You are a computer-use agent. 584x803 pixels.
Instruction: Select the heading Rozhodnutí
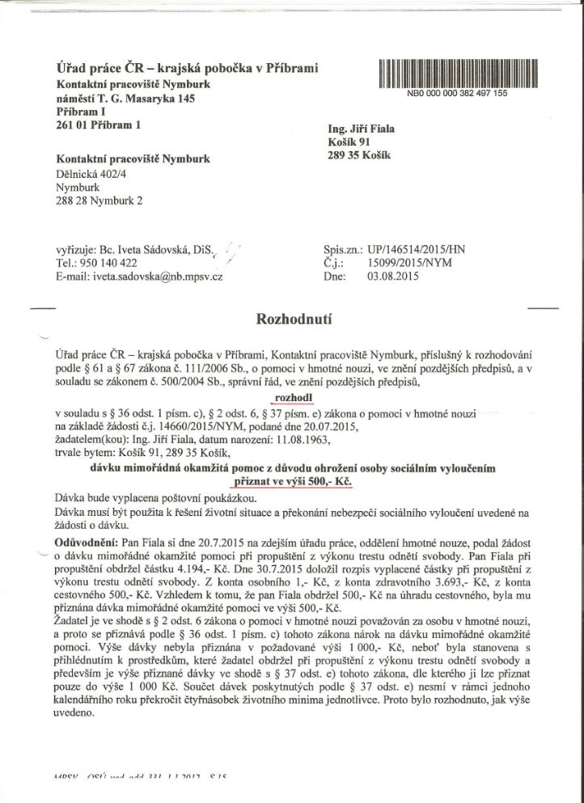click(x=292, y=319)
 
